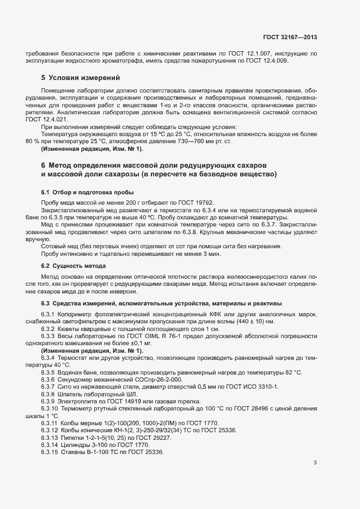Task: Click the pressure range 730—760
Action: [x=190, y=142]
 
